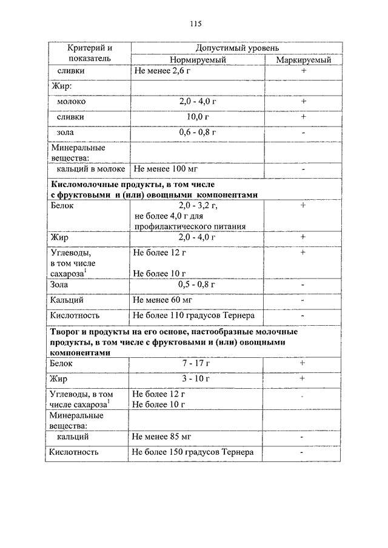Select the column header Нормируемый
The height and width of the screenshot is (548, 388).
(x=198, y=61)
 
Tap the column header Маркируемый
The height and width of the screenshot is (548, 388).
(x=303, y=61)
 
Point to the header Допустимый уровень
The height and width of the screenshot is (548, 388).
(x=237, y=47)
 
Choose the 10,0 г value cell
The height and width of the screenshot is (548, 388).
(x=198, y=116)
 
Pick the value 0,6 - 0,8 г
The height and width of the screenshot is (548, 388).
(x=198, y=131)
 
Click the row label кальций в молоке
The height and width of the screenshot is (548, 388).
(x=88, y=170)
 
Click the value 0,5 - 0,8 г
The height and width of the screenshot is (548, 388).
(x=197, y=285)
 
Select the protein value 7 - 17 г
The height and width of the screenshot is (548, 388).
(x=198, y=363)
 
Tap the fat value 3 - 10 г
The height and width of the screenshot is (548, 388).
(x=198, y=378)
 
